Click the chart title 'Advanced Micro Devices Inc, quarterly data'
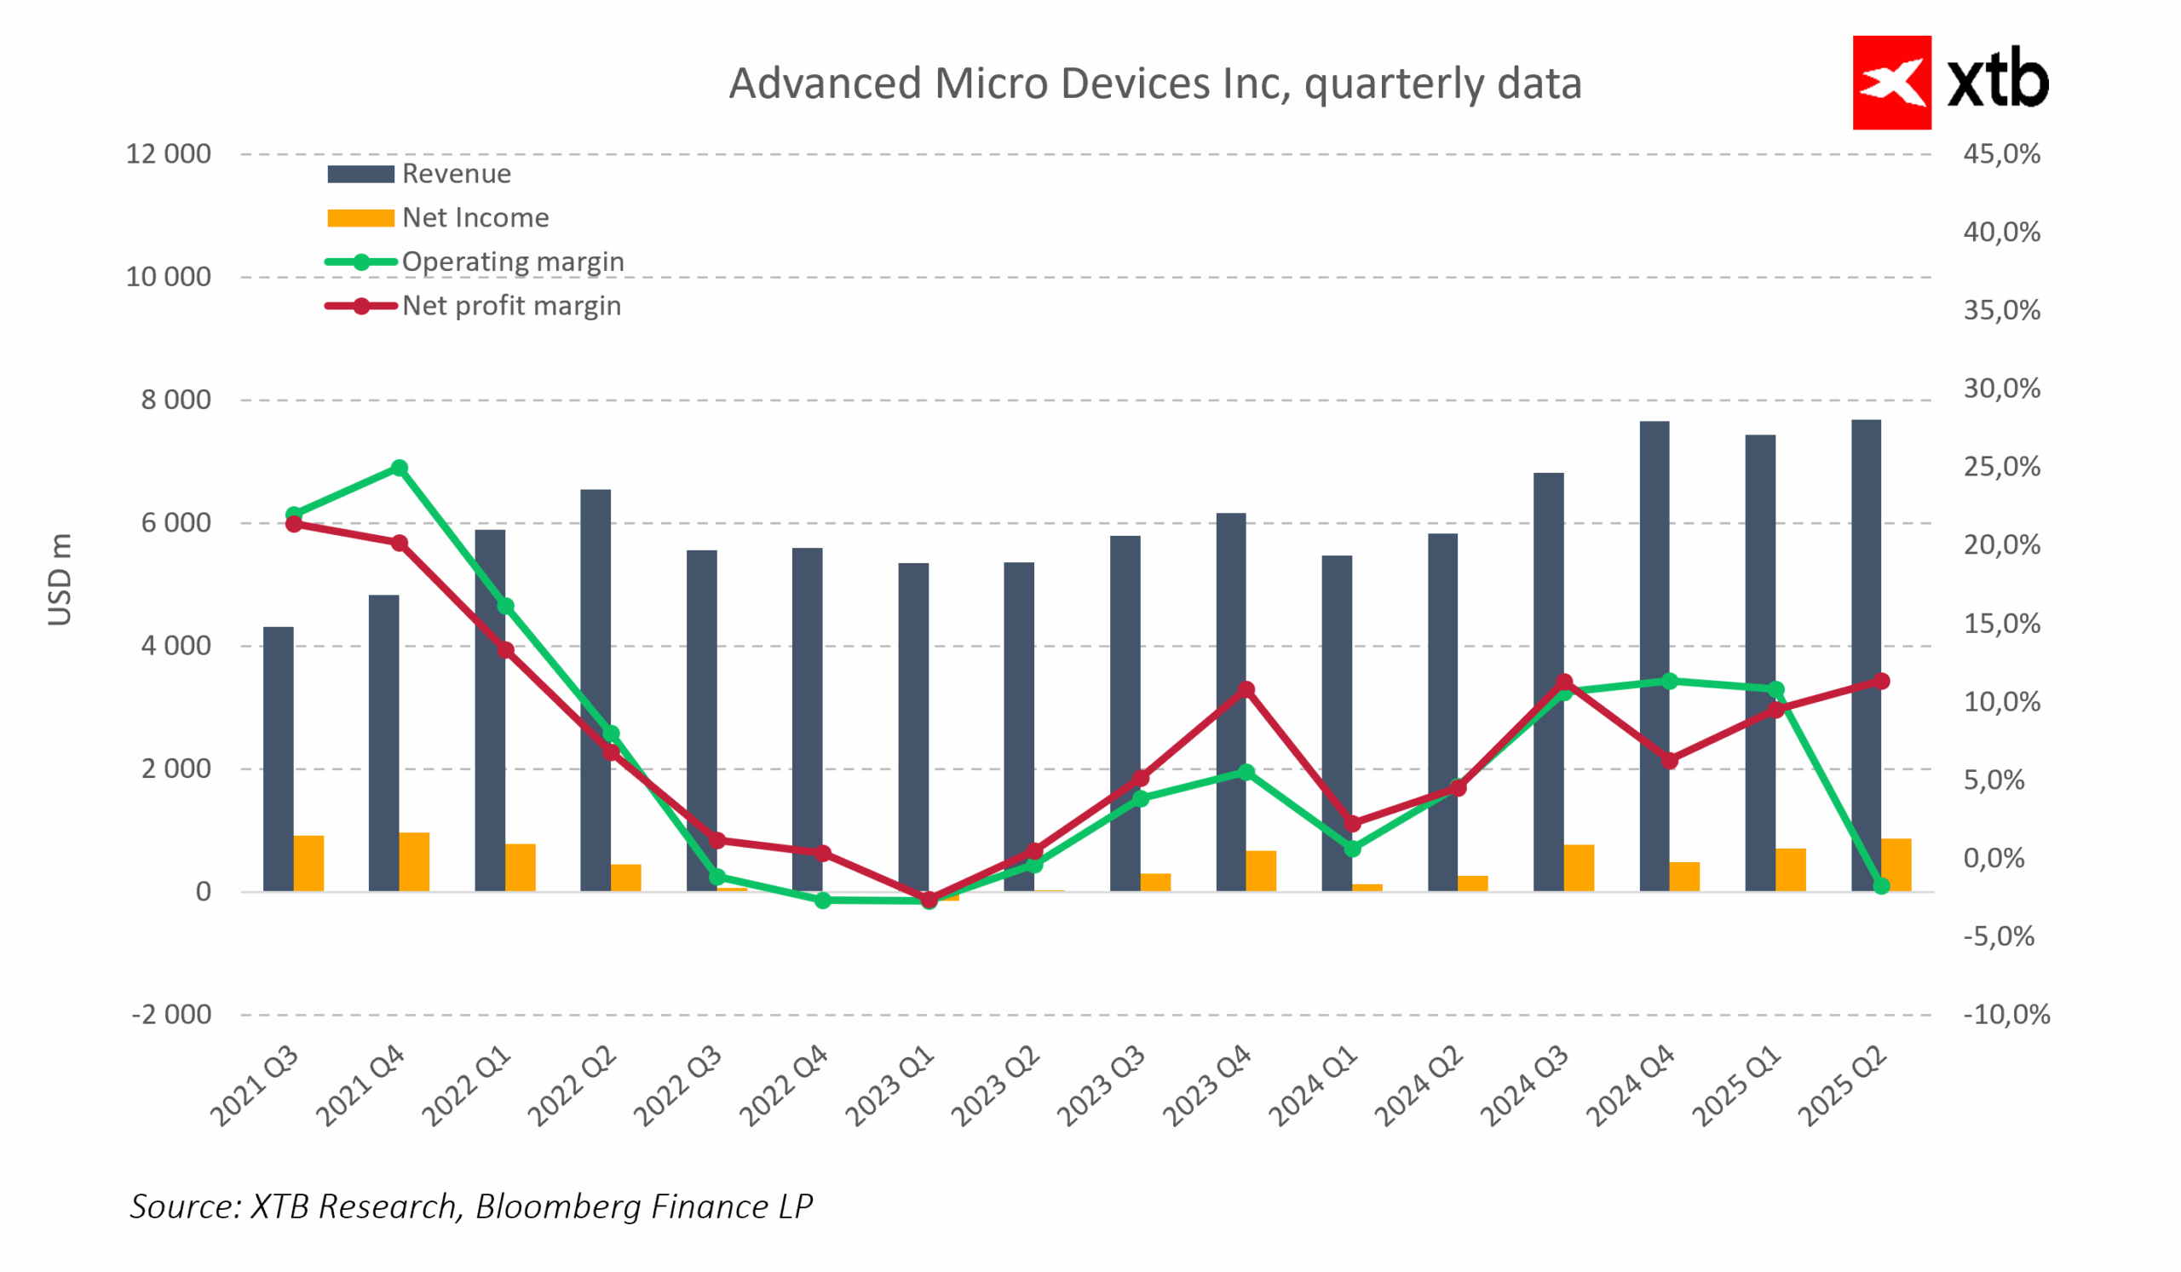[1154, 84]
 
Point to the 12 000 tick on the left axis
[169, 154]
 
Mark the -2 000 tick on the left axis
[171, 1014]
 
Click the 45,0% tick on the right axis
[2001, 154]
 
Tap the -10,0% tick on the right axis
[2005, 1014]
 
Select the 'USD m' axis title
[59, 579]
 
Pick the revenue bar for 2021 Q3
[279, 759]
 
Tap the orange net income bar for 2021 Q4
[415, 862]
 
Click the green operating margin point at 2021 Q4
[400, 468]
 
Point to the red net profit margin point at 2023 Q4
[1246, 689]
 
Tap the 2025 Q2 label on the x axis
[1844, 1087]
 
